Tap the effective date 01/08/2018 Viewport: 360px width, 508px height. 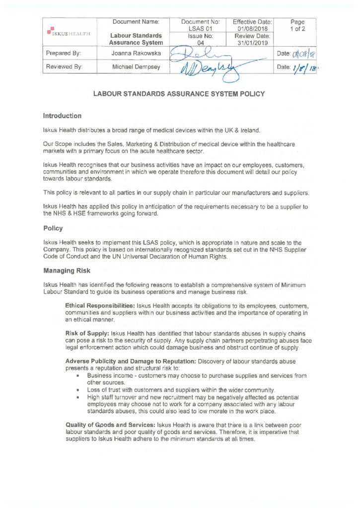tap(252, 29)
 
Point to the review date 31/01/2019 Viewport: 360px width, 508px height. tap(252, 43)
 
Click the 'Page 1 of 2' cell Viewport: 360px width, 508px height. tap(297, 26)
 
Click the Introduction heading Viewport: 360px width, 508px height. tap(62, 116)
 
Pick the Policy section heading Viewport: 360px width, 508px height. tap(53, 229)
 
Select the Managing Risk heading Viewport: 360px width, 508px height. tap(64, 271)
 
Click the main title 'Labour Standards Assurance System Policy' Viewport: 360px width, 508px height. tap(179, 94)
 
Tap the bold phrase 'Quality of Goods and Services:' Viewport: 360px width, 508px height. tap(111, 425)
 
